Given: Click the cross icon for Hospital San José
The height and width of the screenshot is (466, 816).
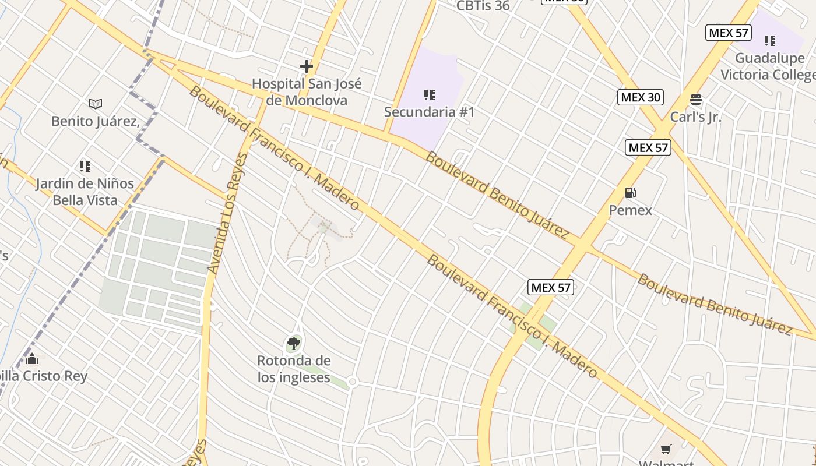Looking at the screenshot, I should click(x=307, y=66).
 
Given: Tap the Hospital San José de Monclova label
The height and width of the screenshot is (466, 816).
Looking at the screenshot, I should click(x=307, y=92).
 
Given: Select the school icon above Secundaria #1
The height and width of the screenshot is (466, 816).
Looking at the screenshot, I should click(x=430, y=95).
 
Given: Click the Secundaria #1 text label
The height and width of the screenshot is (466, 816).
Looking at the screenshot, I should click(x=430, y=112).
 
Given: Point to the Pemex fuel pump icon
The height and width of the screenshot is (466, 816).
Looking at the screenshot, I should click(x=630, y=193).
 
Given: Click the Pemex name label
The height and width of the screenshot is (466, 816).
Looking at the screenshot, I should click(x=630, y=210).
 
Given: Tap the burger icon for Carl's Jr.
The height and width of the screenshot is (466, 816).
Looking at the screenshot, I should click(x=695, y=100).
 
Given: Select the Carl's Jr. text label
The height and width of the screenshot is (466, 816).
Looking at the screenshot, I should click(x=695, y=116).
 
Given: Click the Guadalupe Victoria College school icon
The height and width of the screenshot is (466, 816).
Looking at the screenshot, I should click(x=770, y=41).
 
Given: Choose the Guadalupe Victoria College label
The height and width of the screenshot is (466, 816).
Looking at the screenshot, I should click(x=768, y=66).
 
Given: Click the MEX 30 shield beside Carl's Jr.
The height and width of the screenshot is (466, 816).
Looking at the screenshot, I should click(x=641, y=97).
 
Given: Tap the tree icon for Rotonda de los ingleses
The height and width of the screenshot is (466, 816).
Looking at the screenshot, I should click(x=294, y=344).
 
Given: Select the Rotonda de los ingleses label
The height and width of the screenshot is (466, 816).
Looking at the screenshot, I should click(x=294, y=369).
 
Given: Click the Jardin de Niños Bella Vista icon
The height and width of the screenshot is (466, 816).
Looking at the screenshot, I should click(x=85, y=167).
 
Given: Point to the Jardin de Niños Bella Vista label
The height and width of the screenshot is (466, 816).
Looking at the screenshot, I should click(x=85, y=192).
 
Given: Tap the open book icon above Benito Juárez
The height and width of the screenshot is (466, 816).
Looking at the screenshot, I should click(x=96, y=104).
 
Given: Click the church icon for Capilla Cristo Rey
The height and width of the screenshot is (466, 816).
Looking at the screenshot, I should click(x=32, y=359).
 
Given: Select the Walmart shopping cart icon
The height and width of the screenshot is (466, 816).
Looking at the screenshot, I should click(x=666, y=449).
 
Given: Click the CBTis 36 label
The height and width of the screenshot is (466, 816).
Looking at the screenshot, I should click(x=483, y=6).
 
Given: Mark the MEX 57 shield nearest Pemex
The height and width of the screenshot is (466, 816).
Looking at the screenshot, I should click(x=648, y=147).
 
